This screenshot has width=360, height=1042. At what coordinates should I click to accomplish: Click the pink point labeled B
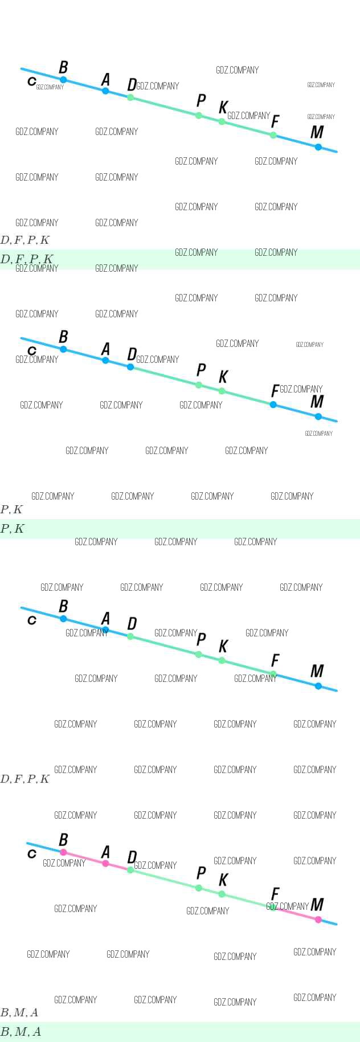[63, 852]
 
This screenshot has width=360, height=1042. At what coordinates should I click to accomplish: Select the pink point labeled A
[105, 864]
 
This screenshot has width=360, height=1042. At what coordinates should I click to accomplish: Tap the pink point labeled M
[318, 920]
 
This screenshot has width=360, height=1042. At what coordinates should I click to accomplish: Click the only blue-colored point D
[130, 367]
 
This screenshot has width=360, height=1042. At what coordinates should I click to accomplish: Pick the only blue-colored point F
[273, 404]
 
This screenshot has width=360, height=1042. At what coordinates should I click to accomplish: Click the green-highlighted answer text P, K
[13, 529]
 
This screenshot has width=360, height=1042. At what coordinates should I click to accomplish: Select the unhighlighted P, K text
[12, 509]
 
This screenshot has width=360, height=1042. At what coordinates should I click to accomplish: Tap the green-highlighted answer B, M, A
[21, 1032]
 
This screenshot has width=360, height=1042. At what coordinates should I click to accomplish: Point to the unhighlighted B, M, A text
[20, 1012]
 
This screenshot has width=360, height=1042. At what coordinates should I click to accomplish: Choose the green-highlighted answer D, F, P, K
[27, 259]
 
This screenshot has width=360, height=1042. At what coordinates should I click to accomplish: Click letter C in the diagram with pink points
[32, 853]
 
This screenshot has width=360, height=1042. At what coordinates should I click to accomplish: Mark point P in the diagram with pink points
[199, 888]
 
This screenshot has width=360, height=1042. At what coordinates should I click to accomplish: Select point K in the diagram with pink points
[222, 894]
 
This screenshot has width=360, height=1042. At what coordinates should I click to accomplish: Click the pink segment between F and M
[296, 914]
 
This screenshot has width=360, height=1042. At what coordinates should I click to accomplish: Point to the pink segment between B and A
[84, 858]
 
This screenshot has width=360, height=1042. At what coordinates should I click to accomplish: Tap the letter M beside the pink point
[317, 904]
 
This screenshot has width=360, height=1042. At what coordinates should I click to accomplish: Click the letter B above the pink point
[63, 840]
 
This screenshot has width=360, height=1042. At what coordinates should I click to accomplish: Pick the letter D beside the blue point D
[132, 354]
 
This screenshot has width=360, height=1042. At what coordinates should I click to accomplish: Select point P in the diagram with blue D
[199, 385]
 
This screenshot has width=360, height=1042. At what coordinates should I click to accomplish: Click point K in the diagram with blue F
[222, 391]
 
